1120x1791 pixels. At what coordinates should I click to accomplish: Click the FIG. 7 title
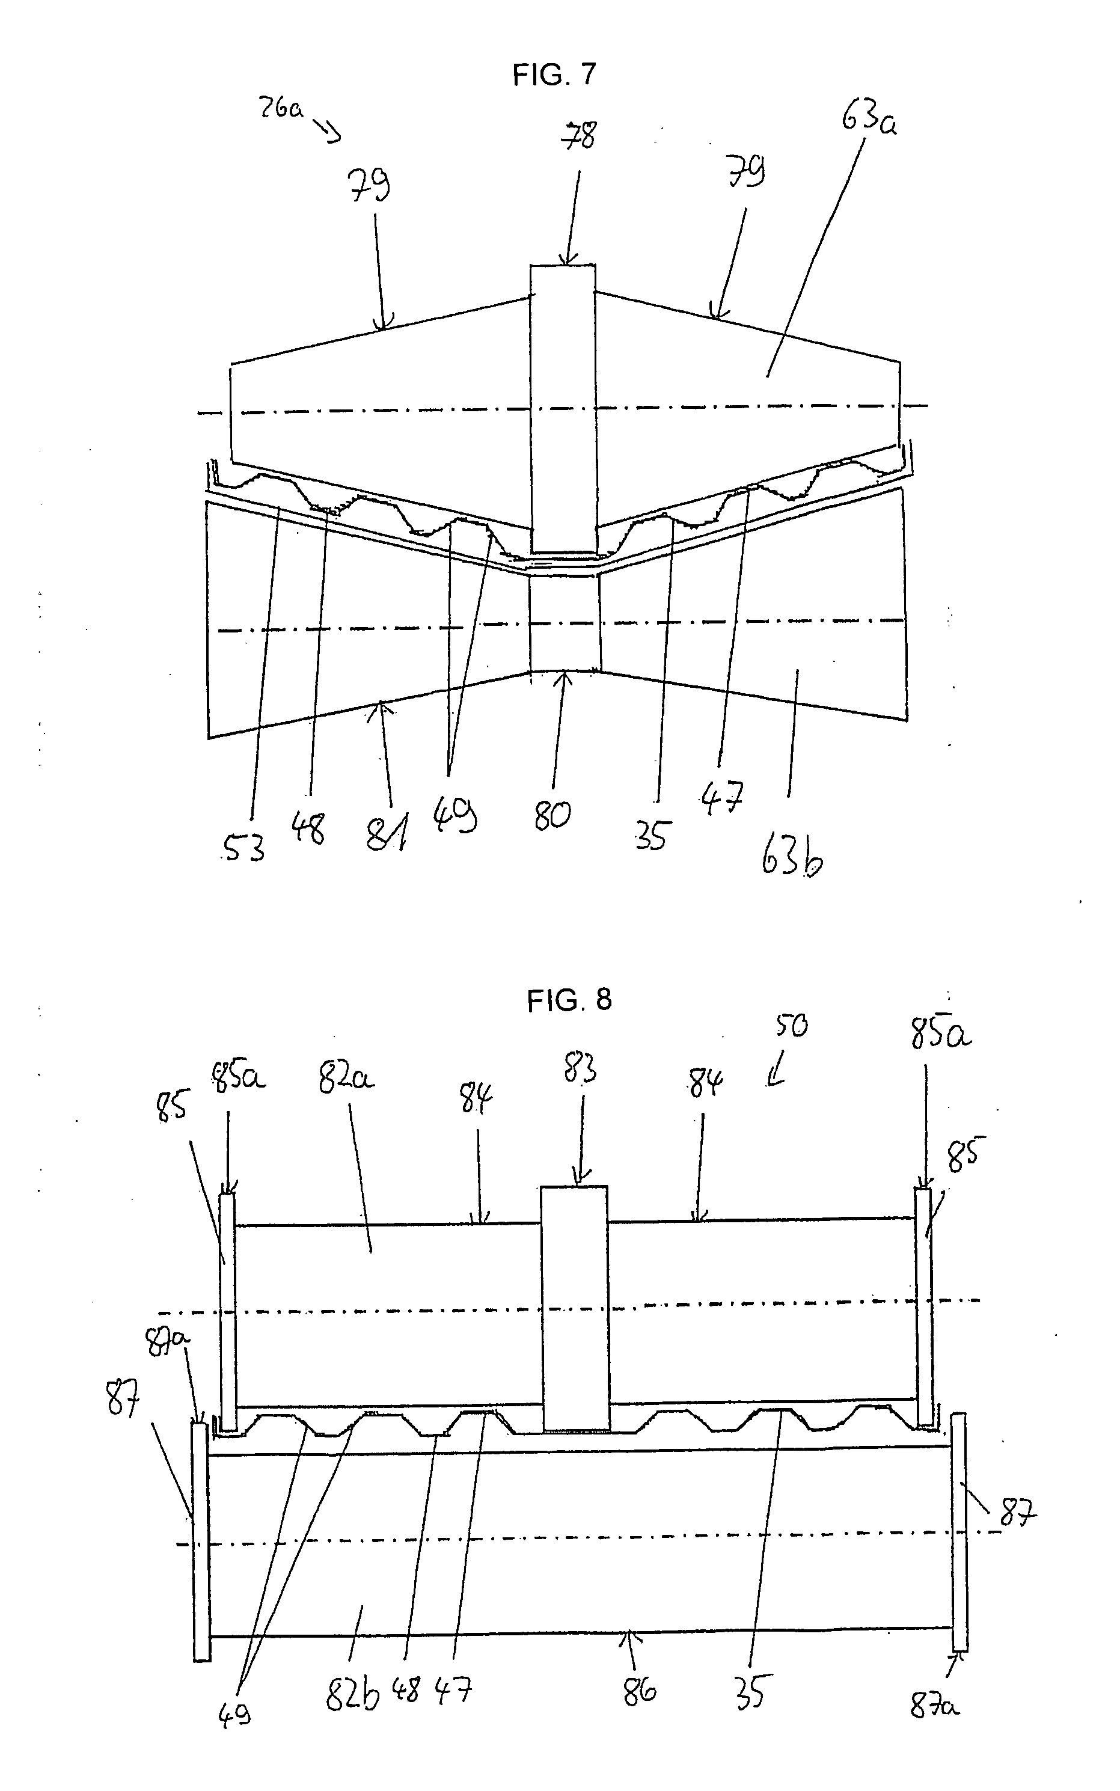pyautogui.click(x=554, y=75)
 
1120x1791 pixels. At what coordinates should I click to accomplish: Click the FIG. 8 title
pyautogui.click(x=569, y=1000)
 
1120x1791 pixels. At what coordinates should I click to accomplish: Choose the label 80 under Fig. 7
pyautogui.click(x=552, y=815)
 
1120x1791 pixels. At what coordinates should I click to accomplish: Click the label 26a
pyautogui.click(x=280, y=109)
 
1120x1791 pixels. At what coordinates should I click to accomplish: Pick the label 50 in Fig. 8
pyautogui.click(x=791, y=1027)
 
